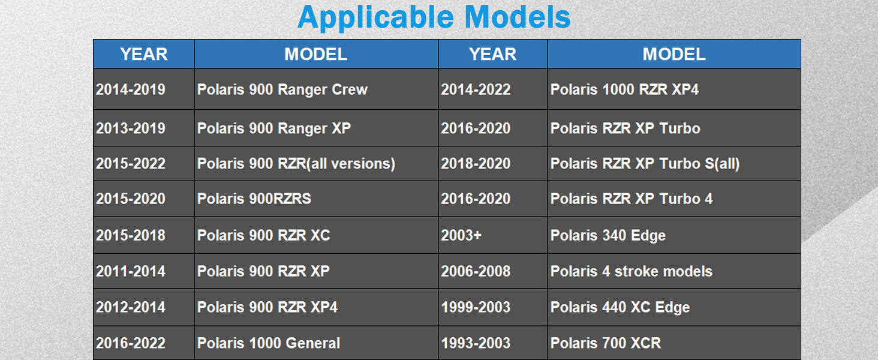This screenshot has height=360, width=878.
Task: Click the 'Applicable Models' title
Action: click(434, 17)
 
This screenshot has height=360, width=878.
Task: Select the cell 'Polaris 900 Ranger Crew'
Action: click(282, 89)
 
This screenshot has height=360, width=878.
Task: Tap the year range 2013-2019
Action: click(131, 128)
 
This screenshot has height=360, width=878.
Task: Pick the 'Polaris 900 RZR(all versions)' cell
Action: click(296, 164)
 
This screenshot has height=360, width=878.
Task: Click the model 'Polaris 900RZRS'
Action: click(254, 199)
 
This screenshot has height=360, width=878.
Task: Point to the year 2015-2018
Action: click(131, 235)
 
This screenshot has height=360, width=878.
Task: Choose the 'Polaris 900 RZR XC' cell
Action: click(263, 235)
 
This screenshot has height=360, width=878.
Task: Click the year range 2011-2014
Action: click(131, 271)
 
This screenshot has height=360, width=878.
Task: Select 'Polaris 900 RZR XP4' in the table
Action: click(267, 307)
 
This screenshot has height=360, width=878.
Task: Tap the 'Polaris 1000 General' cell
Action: click(269, 343)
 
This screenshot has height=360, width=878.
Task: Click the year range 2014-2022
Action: click(476, 89)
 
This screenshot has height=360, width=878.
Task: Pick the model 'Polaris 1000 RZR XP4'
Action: click(624, 89)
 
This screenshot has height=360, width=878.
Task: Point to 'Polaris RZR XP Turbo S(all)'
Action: click(645, 164)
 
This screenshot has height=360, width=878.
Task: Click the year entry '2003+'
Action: click(461, 235)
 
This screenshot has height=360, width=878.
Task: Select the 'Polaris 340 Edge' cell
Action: click(608, 235)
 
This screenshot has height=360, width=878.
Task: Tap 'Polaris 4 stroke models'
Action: click(631, 271)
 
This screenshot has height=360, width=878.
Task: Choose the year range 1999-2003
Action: click(476, 307)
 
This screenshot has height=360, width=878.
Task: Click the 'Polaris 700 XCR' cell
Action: click(606, 343)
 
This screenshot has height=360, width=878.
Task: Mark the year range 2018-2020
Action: click(476, 164)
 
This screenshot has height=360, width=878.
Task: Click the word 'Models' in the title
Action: click(518, 17)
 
